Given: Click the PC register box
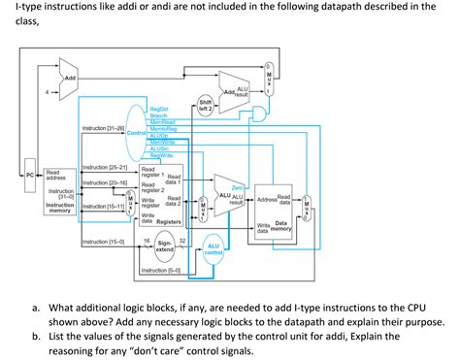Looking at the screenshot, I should click(x=30, y=175).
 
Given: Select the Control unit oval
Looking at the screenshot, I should click(x=135, y=131).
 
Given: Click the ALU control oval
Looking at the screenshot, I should click(x=214, y=252).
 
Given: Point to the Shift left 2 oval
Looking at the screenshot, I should click(x=206, y=105).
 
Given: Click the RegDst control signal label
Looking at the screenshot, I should click(x=159, y=110).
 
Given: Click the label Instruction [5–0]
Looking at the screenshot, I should click(x=160, y=270).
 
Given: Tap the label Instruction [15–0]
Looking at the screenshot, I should click(x=103, y=241).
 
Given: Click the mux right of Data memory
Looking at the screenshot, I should click(x=307, y=205).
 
